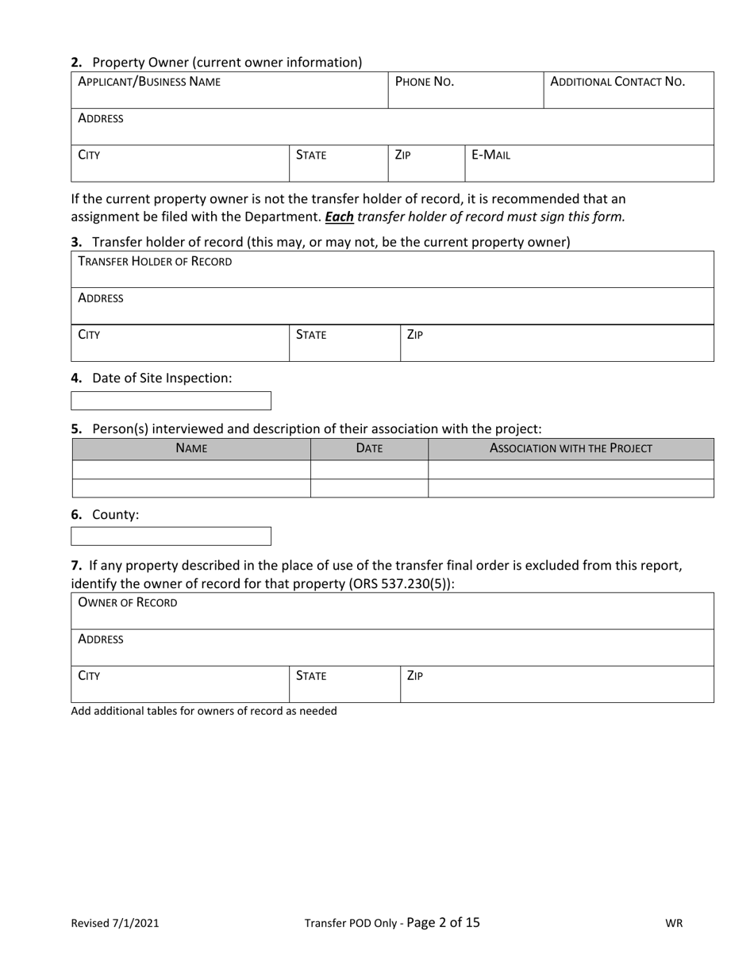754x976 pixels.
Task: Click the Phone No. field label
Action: tap(424, 82)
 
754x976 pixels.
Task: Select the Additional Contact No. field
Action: tap(628, 90)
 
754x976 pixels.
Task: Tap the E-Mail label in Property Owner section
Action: tap(490, 156)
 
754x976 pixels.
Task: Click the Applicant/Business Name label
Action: tap(149, 82)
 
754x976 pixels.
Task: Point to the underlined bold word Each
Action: tap(339, 216)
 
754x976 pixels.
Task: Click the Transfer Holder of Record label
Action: tap(155, 261)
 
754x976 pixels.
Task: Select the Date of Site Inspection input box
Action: tap(171, 401)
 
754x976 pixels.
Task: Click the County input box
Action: tap(171, 536)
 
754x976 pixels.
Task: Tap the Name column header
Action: tap(191, 448)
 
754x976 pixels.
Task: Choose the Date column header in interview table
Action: tap(369, 448)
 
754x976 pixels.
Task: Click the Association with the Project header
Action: tap(571, 448)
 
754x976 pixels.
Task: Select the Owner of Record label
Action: tap(127, 602)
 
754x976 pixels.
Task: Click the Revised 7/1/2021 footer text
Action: tap(114, 923)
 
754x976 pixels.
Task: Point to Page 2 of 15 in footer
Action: tap(443, 922)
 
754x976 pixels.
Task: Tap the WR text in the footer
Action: tap(673, 923)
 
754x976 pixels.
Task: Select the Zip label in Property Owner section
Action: tap(402, 156)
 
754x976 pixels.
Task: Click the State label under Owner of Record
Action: tap(310, 676)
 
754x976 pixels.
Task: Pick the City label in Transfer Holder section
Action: tap(89, 335)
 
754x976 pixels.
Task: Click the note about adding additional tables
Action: tap(204, 711)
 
